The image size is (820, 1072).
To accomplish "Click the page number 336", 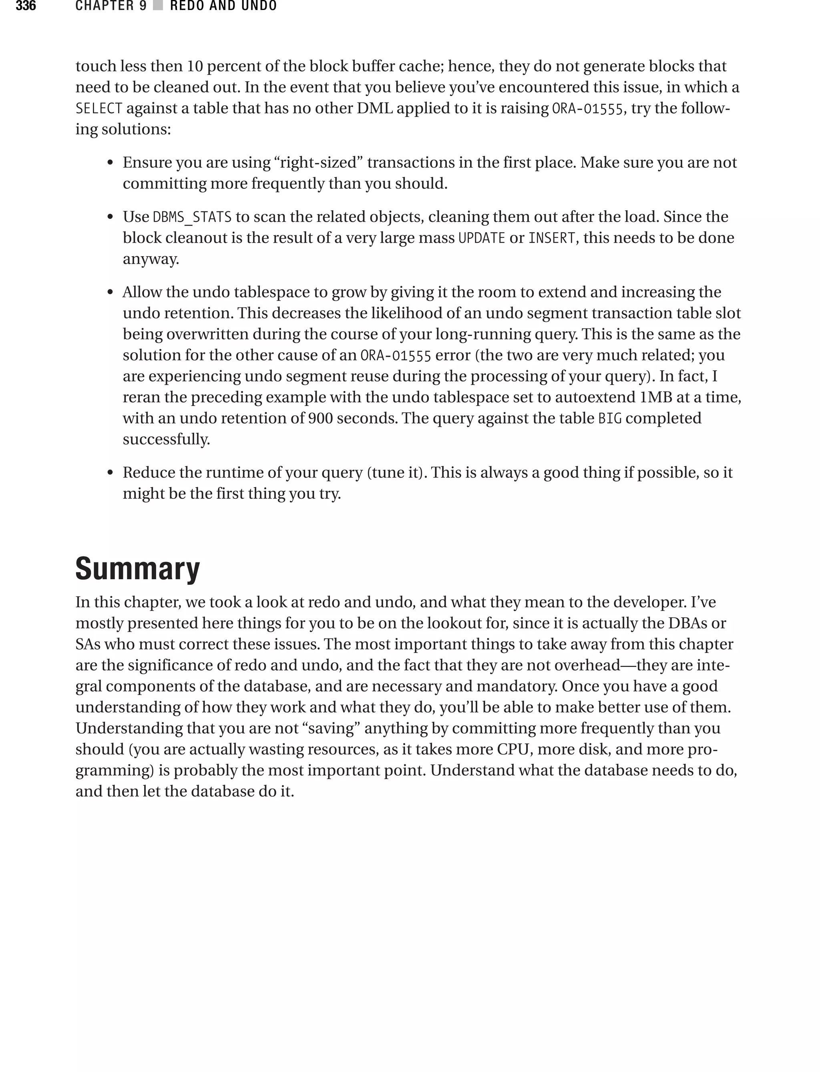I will pyautogui.click(x=26, y=6).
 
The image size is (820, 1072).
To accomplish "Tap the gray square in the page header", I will pyautogui.click(x=158, y=6).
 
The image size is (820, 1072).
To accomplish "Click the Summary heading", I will pyautogui.click(x=137, y=568).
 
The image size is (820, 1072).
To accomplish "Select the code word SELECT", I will pyautogui.click(x=98, y=108).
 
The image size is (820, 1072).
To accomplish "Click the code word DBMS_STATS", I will pyautogui.click(x=192, y=217).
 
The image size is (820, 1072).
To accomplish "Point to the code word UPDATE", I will pyautogui.click(x=481, y=238).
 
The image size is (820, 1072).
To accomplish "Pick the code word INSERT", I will pyautogui.click(x=552, y=238).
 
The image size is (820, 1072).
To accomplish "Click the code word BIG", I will pyautogui.click(x=610, y=419).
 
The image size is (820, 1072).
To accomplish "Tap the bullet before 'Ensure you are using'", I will pyautogui.click(x=111, y=163).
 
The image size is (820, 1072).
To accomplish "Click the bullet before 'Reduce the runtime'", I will pyautogui.click(x=111, y=473).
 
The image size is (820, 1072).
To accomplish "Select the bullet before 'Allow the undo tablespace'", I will pyautogui.click(x=111, y=293).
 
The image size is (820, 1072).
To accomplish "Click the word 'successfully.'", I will pyautogui.click(x=166, y=440).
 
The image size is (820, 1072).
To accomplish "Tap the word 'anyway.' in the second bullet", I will pyautogui.click(x=151, y=259).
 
